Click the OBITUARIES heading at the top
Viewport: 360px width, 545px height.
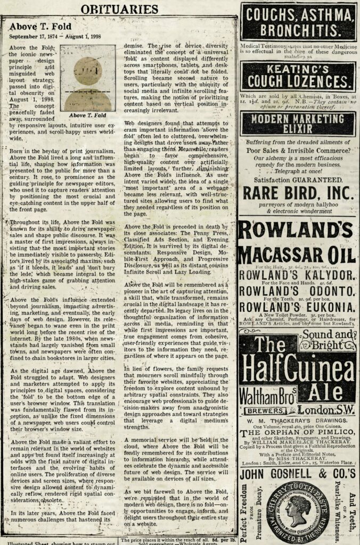[x=119, y=9]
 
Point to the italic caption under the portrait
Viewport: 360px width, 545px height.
[x=87, y=115]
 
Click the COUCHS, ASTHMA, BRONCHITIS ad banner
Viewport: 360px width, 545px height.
[x=298, y=22]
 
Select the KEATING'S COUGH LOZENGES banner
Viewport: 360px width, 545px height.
[x=298, y=76]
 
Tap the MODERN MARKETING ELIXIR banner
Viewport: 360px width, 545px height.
[x=298, y=123]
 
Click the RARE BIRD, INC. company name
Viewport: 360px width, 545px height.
[x=298, y=192]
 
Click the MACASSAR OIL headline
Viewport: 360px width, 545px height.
[x=298, y=254]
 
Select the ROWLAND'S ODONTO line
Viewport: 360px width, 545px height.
[x=298, y=292]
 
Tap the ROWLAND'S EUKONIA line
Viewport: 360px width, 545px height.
[x=298, y=308]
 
